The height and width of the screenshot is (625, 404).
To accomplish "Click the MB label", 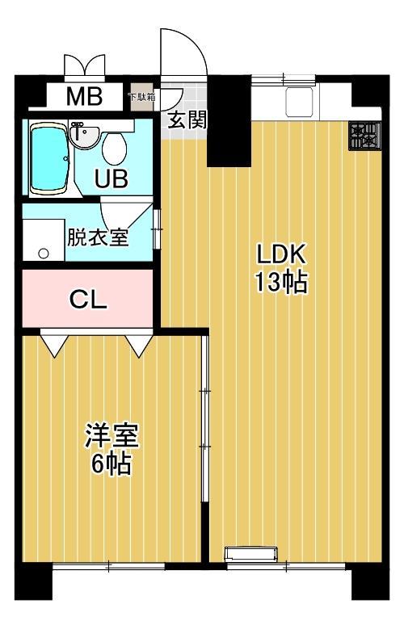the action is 84,96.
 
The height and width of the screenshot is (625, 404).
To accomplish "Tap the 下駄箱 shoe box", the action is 141,96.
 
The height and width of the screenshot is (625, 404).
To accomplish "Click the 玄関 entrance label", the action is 187,120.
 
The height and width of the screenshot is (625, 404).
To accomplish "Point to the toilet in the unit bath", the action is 115,149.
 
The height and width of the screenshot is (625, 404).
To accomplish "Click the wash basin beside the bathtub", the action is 83,134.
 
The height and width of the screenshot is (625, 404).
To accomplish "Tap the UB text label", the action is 112,178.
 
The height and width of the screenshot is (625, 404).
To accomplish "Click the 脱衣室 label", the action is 97,237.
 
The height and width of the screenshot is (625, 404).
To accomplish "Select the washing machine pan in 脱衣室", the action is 44,239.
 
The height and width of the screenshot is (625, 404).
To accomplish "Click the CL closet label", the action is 88,300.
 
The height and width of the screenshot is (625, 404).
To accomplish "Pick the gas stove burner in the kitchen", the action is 364,136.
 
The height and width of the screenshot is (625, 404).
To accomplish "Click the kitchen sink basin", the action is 299,102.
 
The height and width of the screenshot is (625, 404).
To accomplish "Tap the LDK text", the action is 281,254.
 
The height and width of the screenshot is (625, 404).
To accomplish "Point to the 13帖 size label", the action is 281,282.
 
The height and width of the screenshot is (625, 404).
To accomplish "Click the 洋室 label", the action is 112,435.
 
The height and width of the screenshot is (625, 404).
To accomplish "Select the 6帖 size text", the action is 112,464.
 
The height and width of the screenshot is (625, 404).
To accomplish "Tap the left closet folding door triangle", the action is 54,343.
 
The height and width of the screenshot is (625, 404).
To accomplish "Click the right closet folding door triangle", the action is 139,343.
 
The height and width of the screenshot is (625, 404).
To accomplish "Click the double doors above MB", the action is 85,65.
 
